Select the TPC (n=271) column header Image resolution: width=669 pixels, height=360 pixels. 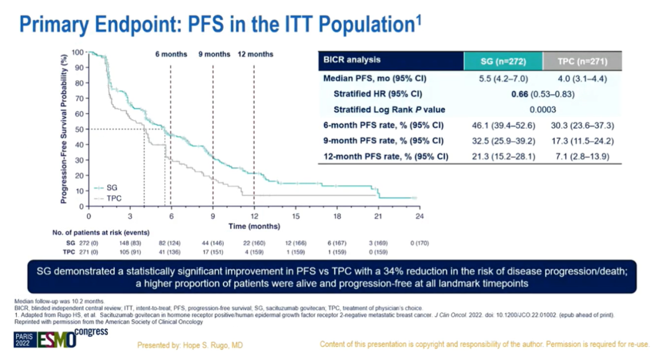tap(582, 61)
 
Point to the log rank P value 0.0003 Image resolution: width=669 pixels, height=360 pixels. tap(542, 110)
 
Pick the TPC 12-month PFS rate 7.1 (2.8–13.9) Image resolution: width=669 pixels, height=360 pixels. tap(582, 156)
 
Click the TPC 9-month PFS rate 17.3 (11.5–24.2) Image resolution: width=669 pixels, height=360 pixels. tap(582, 141)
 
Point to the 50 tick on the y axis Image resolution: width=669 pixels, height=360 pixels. tap(79, 130)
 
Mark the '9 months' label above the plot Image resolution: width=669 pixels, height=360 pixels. tap(214, 55)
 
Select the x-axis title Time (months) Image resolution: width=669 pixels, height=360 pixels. tap(253, 227)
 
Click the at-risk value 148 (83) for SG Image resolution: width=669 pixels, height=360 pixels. tap(129, 244)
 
